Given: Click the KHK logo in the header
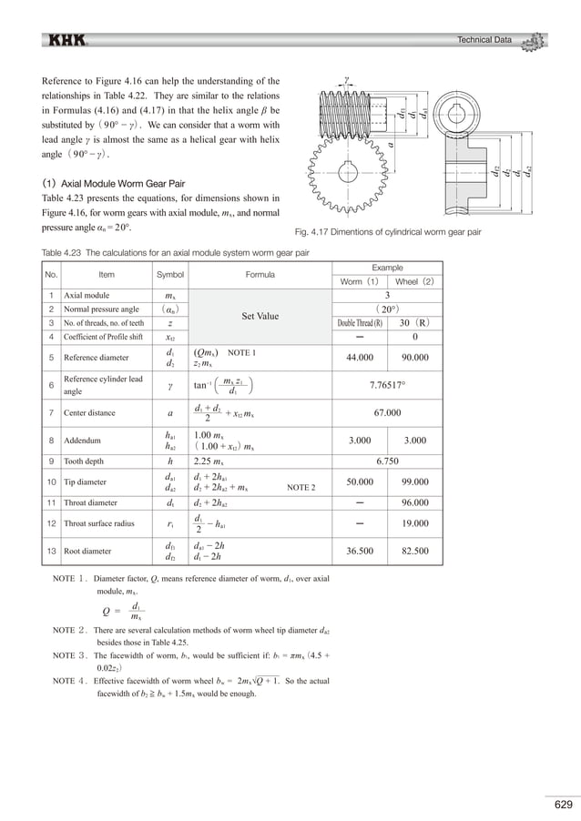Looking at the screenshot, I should coord(67,40).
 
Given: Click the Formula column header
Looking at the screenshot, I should coord(260,274).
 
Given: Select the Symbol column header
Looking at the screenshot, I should coord(170,274).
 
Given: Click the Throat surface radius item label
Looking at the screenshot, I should coord(99,523).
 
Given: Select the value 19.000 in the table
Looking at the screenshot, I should coord(414,523).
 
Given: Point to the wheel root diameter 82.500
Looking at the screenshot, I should coord(414,551).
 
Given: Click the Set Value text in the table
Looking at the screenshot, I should coord(260,317).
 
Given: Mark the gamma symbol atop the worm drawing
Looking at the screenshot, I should coord(348,79).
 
